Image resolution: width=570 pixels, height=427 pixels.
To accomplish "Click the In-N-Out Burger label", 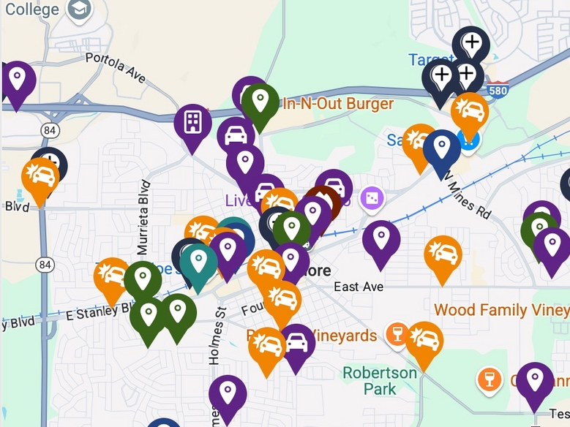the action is (337, 104).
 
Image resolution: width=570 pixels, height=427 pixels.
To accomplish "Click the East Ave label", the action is (359, 287).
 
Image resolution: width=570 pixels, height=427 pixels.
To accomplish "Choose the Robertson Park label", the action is (380, 380).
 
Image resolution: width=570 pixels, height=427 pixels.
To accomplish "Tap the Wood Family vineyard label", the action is (500, 309).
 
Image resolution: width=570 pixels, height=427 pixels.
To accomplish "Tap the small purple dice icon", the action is (372, 197).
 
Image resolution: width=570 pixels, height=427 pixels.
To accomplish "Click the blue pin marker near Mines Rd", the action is (441, 148).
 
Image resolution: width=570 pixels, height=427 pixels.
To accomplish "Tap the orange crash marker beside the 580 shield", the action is (470, 110).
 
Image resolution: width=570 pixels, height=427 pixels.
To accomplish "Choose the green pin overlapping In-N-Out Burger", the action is (260, 101).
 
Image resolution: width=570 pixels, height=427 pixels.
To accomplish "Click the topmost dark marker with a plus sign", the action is (471, 43).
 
